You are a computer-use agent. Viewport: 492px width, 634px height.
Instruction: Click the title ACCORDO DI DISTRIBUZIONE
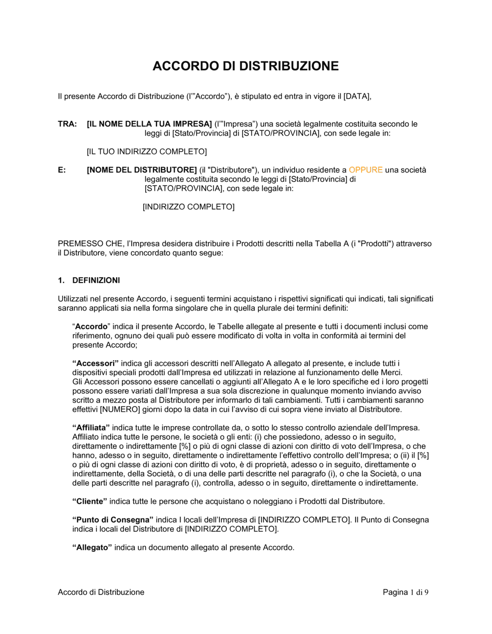click(x=246, y=66)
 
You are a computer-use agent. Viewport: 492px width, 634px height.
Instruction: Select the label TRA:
click(x=67, y=124)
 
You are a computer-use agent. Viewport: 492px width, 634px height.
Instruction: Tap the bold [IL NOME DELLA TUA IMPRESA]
click(x=149, y=124)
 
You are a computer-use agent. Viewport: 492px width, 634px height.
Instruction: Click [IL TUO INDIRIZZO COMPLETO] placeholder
click(x=147, y=151)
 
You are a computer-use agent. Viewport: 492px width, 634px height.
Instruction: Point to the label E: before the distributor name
click(x=62, y=170)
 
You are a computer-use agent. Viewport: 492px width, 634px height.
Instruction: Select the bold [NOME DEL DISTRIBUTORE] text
click(x=142, y=170)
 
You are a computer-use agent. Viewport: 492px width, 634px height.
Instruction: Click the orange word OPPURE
click(x=366, y=170)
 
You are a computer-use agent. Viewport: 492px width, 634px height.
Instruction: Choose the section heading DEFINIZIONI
click(x=96, y=281)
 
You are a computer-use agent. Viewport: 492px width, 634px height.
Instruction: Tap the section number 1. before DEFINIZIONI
click(x=61, y=281)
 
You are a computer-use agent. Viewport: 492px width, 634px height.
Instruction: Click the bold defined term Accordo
click(x=91, y=327)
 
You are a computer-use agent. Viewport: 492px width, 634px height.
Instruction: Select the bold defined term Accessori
click(x=95, y=364)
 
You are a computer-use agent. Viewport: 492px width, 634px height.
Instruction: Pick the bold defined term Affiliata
click(x=91, y=428)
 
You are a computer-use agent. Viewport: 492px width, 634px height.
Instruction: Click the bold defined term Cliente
click(x=90, y=502)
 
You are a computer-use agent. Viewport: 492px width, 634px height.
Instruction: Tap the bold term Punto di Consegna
click(x=113, y=520)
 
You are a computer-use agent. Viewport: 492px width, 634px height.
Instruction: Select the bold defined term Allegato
click(x=92, y=548)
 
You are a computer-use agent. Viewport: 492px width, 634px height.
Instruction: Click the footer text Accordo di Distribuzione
click(x=101, y=592)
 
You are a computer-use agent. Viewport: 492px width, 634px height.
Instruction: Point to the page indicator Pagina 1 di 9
click(x=405, y=592)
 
